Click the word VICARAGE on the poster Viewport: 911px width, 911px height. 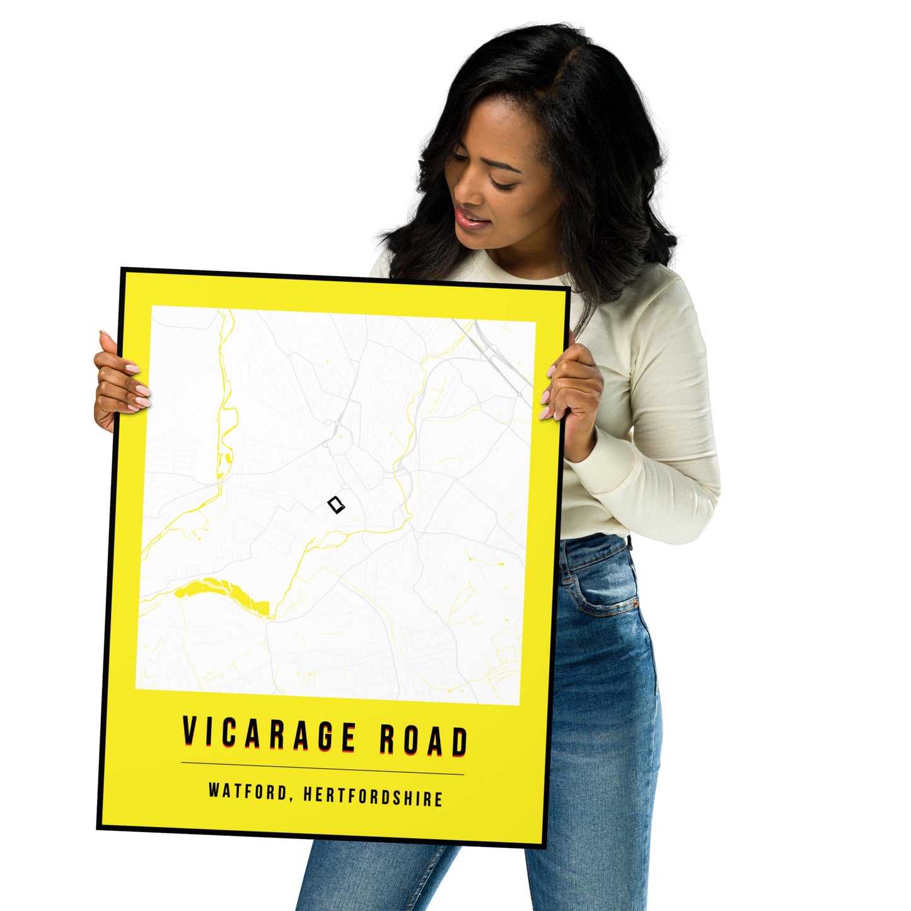coord(269,735)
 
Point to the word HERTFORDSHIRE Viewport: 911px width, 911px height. coord(373,796)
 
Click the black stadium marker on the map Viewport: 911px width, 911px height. coord(337,505)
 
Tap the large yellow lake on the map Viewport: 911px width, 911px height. coord(218,591)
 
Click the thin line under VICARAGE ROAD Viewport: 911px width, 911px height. coord(322,769)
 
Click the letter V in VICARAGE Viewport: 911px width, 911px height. coord(189,731)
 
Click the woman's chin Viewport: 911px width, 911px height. coord(485,243)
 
